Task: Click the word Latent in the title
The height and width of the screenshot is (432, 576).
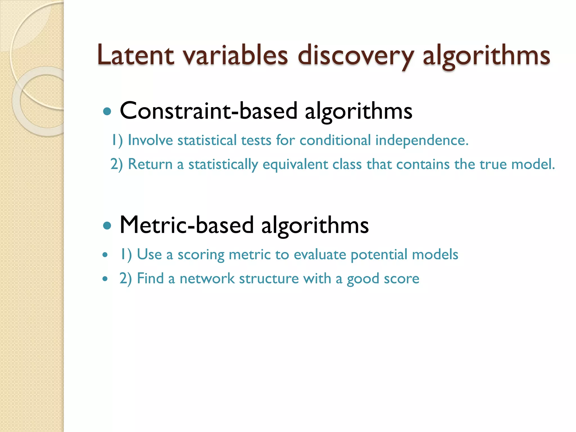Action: pyautogui.click(x=135, y=55)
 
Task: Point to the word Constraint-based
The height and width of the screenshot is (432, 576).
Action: pyautogui.click(x=208, y=111)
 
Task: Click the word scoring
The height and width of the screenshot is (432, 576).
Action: pyautogui.click(x=201, y=255)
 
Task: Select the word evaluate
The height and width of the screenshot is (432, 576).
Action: pyautogui.click(x=320, y=255)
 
